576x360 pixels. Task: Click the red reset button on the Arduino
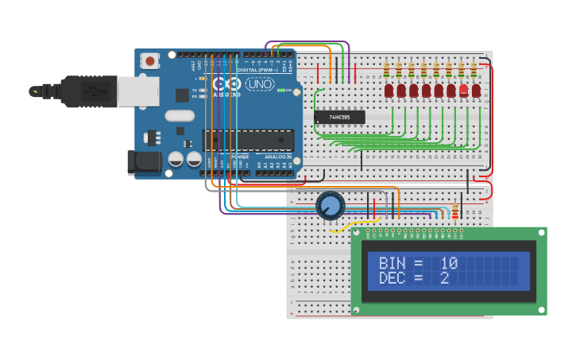[149, 60]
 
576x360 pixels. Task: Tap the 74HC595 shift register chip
[340, 118]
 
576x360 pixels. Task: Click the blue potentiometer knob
[331, 205]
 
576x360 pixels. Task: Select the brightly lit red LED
[464, 90]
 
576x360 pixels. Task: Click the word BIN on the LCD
[391, 263]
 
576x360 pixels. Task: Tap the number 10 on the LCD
[449, 263]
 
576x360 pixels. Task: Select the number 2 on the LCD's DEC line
[444, 278]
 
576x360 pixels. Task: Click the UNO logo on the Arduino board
[260, 84]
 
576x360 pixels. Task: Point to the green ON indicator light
[282, 91]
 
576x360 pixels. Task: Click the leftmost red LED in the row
[389, 91]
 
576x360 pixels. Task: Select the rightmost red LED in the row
[477, 91]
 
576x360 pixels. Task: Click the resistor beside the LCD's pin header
[455, 211]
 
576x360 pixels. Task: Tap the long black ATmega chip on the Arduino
[247, 141]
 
